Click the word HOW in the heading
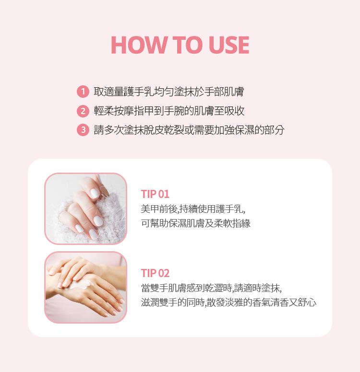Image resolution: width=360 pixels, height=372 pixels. [x=139, y=45]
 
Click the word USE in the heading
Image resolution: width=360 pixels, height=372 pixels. [x=229, y=45]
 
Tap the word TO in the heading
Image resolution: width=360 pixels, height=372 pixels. [x=188, y=45]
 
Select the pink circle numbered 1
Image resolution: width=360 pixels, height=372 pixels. [x=83, y=92]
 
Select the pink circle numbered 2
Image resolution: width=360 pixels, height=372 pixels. [x=83, y=111]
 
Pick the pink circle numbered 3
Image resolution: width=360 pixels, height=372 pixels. [x=83, y=130]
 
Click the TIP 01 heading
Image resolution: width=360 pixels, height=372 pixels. [x=155, y=194]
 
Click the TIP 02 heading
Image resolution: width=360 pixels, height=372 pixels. [x=155, y=273]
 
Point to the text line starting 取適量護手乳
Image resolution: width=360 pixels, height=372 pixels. [x=169, y=92]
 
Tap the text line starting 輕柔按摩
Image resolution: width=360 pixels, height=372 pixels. [x=169, y=111]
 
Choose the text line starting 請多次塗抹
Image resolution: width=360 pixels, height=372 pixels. [x=189, y=130]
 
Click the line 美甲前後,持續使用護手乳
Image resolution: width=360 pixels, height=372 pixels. [x=193, y=209]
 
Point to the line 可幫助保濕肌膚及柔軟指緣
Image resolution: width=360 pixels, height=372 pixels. [x=196, y=223]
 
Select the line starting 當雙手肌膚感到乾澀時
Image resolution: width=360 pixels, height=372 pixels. [x=212, y=288]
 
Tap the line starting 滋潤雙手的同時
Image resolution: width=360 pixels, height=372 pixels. [x=228, y=302]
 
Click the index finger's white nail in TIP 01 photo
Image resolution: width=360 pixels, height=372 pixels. [x=95, y=193]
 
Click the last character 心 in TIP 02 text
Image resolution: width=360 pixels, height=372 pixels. [x=312, y=302]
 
